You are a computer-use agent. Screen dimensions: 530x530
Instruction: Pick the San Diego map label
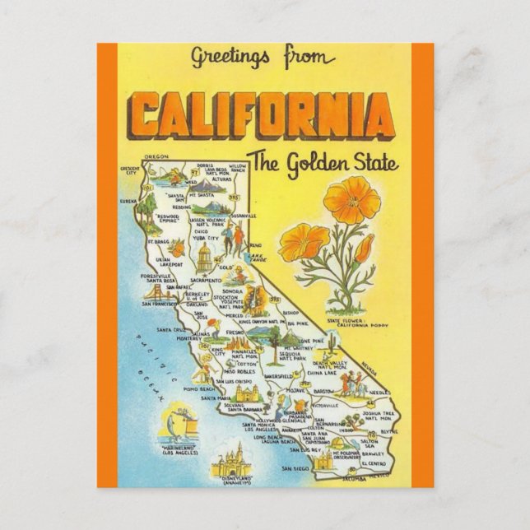[294, 469]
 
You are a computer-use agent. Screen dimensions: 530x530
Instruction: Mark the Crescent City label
[130, 170]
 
